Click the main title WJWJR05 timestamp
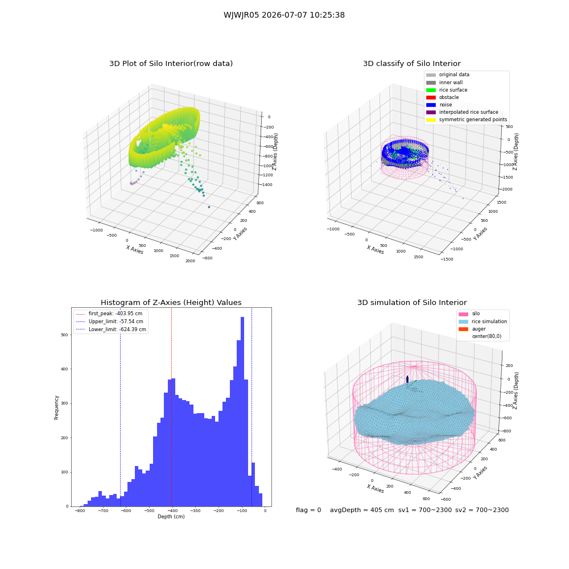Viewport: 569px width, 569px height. click(284, 15)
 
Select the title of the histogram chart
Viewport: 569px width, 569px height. click(171, 302)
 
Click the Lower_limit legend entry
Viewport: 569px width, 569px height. click(111, 329)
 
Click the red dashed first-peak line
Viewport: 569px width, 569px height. click(172, 407)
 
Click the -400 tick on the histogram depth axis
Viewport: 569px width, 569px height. click(172, 511)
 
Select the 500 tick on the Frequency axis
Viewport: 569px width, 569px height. click(65, 335)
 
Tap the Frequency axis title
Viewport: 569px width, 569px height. click(56, 407)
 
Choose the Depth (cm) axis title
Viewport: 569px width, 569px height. click(171, 517)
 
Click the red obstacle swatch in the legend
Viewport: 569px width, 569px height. click(431, 97)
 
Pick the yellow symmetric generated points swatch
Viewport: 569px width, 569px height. click(431, 119)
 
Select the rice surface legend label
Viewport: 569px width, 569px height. click(453, 90)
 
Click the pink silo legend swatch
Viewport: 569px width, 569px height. click(463, 314)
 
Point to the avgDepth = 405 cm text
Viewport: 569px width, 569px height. click(362, 510)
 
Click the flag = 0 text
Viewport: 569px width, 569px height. click(308, 510)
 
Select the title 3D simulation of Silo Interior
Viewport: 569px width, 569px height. click(412, 302)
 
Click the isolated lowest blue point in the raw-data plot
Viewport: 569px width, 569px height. click(209, 207)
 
